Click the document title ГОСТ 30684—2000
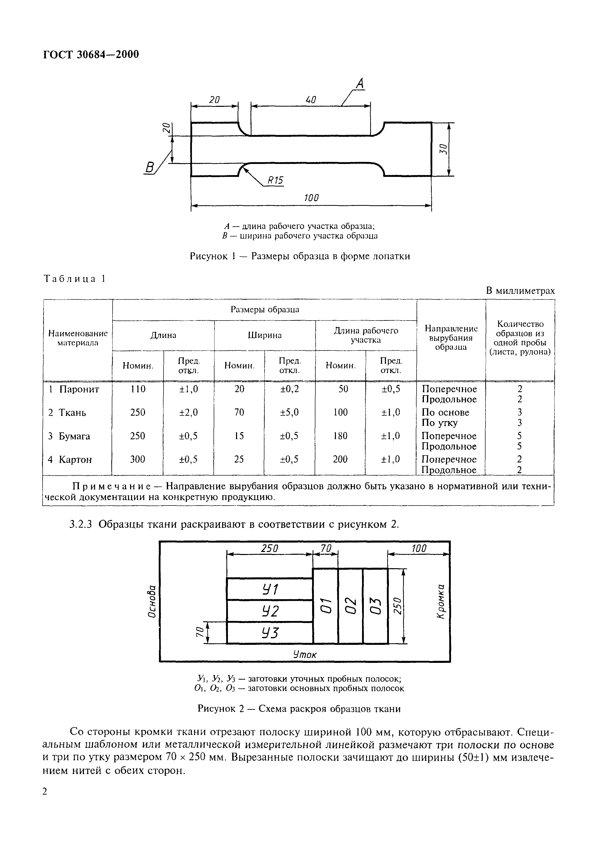click(x=91, y=55)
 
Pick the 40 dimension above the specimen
click(x=311, y=100)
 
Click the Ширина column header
click(x=264, y=335)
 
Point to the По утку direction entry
click(x=440, y=423)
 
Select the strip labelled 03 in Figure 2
click(x=375, y=606)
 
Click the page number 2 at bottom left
click(x=45, y=792)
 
